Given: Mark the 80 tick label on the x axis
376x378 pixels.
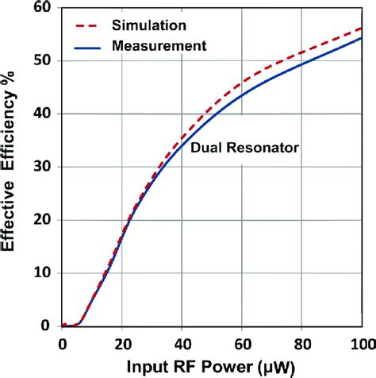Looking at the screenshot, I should [302, 342].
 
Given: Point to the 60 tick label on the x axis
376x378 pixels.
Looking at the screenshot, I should [242, 342].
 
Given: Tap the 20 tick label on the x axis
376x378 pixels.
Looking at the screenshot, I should [122, 342].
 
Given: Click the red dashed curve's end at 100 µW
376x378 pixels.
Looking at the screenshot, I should [361, 28].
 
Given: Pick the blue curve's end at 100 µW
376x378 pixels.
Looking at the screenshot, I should [361, 38].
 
